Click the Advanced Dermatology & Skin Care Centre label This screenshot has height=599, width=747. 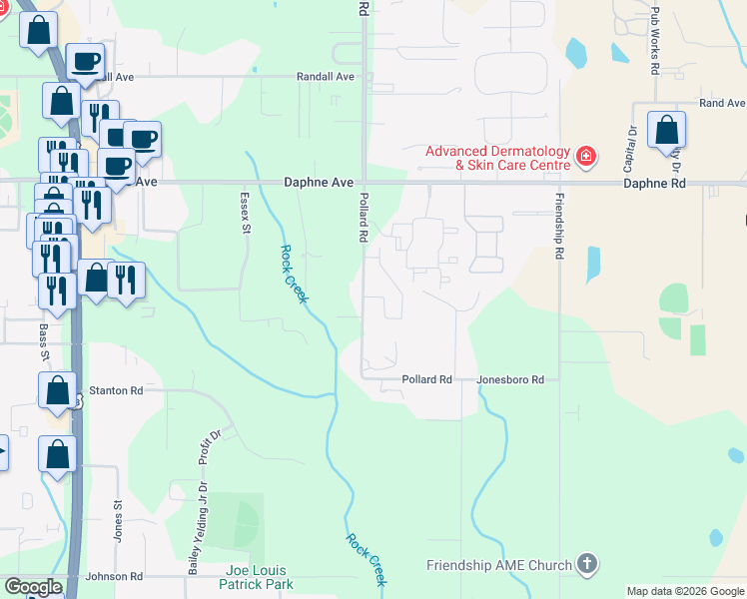[x=497, y=158]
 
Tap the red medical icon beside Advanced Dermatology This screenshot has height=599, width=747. [x=585, y=157]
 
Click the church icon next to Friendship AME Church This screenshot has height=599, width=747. [x=587, y=564]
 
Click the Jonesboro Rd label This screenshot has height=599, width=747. [x=510, y=380]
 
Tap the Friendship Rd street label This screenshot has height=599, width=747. [x=559, y=227]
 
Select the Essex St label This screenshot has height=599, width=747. [x=245, y=214]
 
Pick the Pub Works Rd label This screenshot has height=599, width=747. [x=655, y=42]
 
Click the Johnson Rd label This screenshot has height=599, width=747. [x=114, y=577]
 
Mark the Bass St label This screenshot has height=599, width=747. [x=44, y=340]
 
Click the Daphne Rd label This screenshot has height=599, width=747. [x=655, y=184]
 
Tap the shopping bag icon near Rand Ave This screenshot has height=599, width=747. [x=667, y=131]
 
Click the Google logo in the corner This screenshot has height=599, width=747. [x=32, y=588]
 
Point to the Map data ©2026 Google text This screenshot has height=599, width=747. [x=684, y=591]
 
